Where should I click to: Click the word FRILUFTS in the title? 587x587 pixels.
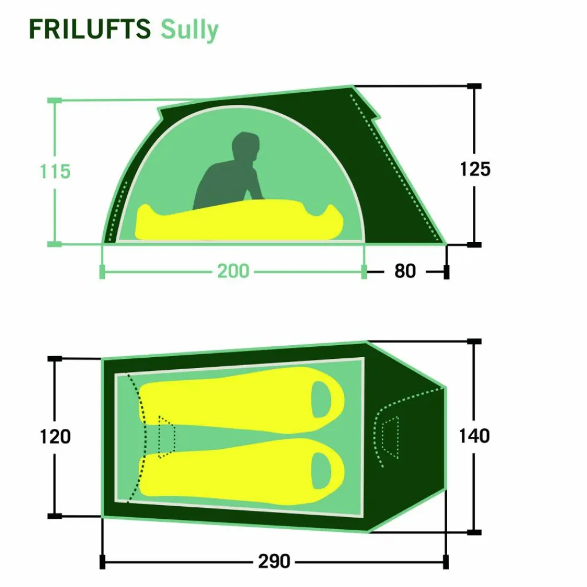[x=90, y=29]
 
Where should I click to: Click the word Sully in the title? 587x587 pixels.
[x=189, y=30]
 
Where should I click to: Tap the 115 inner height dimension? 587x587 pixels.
[x=55, y=171]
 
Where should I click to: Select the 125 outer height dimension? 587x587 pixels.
[x=475, y=169]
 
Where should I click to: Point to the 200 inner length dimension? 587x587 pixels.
[x=233, y=271]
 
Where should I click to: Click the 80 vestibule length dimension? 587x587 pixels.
[x=405, y=271]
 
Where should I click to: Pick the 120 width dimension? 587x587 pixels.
[x=55, y=436]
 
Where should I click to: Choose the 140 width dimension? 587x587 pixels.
[x=474, y=436]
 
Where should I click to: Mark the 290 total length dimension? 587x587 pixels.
[x=274, y=561]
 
